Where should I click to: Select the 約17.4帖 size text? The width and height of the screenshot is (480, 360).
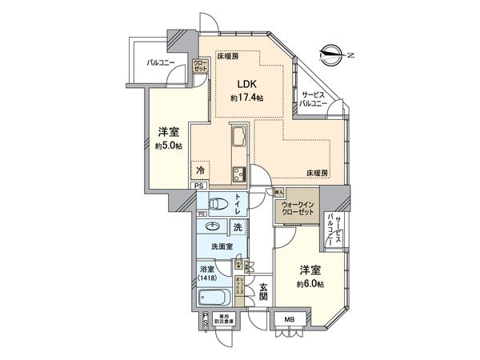[x=246, y=98]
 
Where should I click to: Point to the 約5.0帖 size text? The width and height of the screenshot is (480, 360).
[x=169, y=146]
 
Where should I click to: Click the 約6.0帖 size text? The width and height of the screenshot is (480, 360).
[x=308, y=285]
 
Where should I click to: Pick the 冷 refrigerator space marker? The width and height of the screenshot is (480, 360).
[x=202, y=170]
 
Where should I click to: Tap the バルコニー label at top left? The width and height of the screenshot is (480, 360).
[x=161, y=61]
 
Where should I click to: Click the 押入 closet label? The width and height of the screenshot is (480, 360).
[x=279, y=193]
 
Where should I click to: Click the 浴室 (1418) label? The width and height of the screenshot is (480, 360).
[x=210, y=274]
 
